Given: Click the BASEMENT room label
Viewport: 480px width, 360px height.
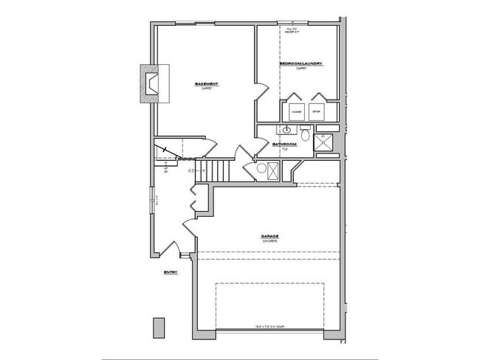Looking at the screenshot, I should point(206,84).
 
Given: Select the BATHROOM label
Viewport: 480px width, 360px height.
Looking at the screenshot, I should point(284,144).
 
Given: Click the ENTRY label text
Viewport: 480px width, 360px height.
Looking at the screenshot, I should point(171,272).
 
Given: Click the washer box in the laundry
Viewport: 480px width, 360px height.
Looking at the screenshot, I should point(296,112).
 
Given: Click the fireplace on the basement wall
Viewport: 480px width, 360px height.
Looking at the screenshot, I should point(154,83).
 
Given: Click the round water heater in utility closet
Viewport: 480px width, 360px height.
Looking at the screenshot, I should point(259,169).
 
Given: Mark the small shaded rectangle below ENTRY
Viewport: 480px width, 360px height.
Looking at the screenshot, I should point(157,326).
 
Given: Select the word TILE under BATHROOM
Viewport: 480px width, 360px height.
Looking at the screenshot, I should point(284,148).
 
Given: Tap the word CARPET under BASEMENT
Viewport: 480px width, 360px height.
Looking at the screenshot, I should point(206,89).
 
